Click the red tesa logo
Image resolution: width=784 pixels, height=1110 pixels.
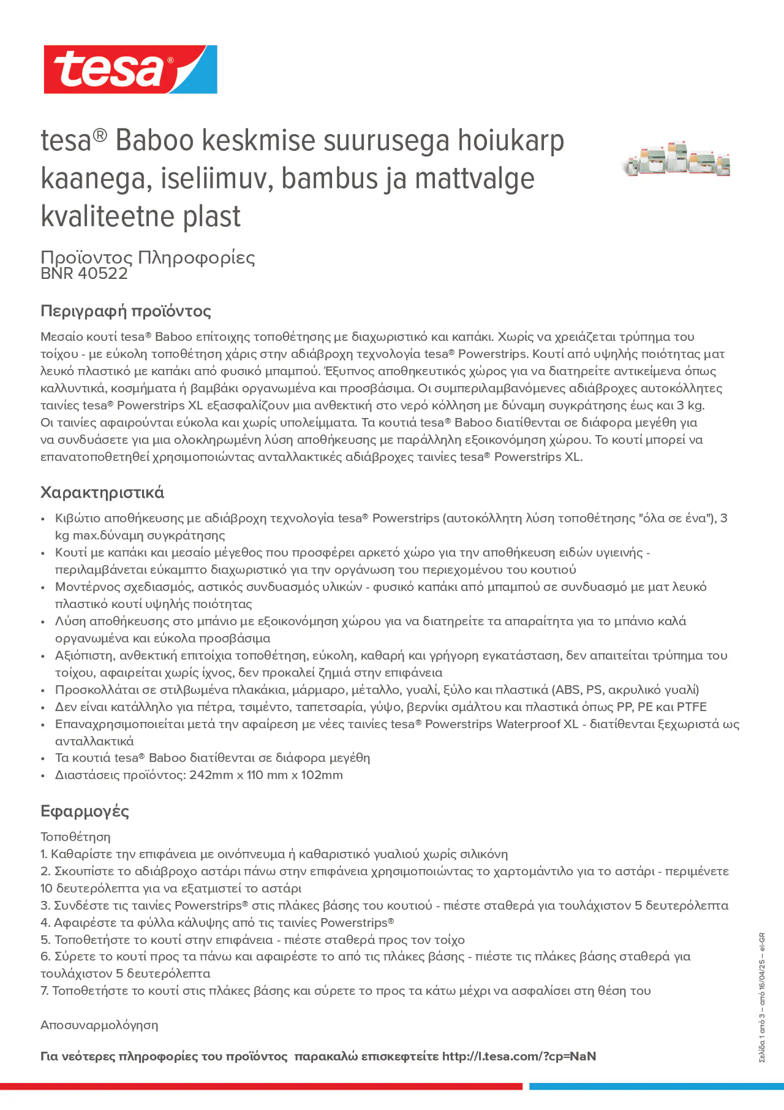tap(130, 69)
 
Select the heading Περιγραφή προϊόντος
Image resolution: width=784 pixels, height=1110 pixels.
tap(125, 311)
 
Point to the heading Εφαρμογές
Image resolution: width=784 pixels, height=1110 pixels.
tap(85, 811)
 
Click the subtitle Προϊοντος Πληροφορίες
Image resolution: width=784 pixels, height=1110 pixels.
tap(147, 257)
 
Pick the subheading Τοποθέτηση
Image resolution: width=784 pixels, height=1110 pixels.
tap(75, 837)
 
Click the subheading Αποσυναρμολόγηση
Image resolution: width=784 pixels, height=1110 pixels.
tap(99, 1025)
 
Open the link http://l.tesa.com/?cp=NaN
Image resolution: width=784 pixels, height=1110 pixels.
tap(519, 1056)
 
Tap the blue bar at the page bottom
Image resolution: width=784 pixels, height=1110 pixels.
tap(656, 1086)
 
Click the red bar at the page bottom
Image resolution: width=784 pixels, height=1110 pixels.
tap(261, 1086)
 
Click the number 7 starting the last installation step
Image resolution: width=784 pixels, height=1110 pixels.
tap(44, 991)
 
